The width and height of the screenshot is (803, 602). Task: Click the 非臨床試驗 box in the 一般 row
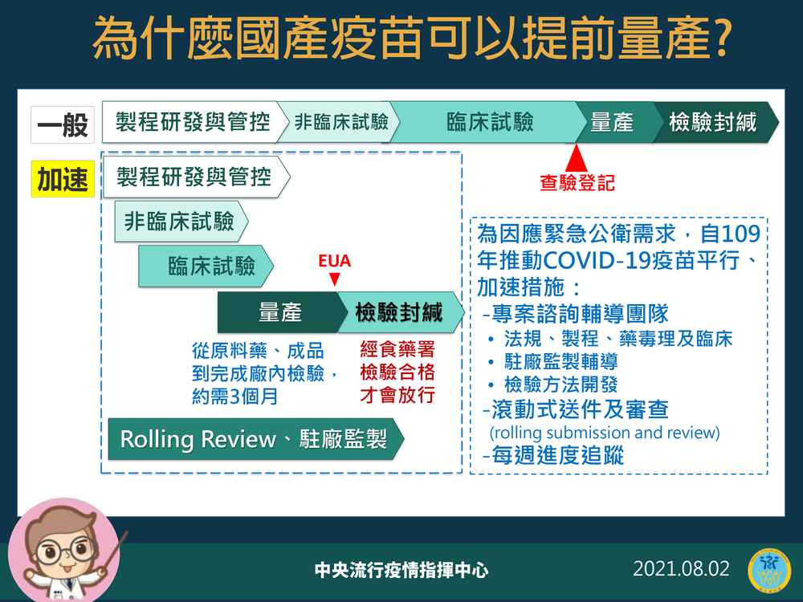coord(341,122)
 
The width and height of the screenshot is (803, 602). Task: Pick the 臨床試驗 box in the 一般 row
coord(490,122)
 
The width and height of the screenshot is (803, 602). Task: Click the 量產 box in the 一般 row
coord(612,122)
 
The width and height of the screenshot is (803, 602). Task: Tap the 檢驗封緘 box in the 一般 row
coord(713,122)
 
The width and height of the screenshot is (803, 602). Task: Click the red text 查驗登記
coord(577,183)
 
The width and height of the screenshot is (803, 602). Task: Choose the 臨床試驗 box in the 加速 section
coord(210,266)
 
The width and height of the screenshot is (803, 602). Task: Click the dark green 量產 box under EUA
coord(279,312)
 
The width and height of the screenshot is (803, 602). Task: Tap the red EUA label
coord(335,262)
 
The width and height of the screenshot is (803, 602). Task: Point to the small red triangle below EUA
coord(335,279)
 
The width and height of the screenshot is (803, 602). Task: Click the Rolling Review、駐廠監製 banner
coord(254,440)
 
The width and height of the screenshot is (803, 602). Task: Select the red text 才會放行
coord(397,395)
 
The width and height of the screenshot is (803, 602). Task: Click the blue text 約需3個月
coord(235,397)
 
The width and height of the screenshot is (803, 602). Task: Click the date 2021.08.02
coord(681,569)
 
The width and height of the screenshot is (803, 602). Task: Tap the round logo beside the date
coord(769,571)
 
